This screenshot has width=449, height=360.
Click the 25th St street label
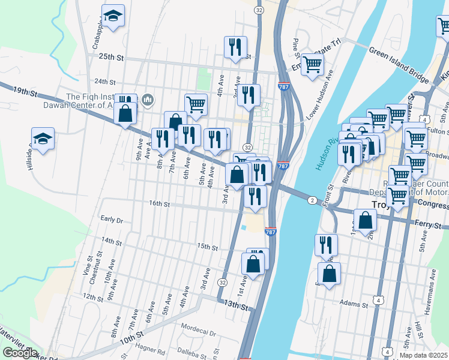tap(111, 58)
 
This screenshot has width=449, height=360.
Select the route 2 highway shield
tap(312, 200)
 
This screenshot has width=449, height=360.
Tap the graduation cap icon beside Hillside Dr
tap(43, 139)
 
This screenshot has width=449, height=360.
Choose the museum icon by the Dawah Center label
tap(149, 98)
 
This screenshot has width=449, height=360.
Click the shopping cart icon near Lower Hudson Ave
tap(312, 64)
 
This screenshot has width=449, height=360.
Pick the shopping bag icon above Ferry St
tap(365, 220)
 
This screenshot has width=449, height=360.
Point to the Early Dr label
tap(112, 220)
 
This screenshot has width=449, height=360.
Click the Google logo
tap(20, 352)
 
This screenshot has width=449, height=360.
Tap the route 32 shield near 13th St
tap(223, 282)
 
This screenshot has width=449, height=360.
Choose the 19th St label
tap(25, 92)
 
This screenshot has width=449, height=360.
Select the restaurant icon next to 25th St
tap(235, 46)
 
